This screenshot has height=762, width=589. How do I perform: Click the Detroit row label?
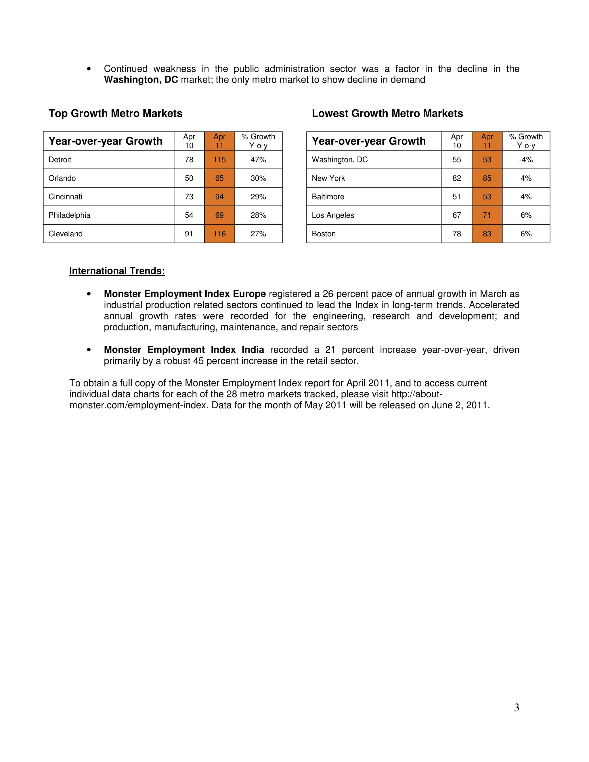coord(60,160)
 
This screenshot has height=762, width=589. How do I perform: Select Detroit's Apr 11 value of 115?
coord(219,160)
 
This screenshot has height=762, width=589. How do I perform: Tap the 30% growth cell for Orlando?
coord(258,178)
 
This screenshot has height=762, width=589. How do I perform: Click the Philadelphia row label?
coord(69,215)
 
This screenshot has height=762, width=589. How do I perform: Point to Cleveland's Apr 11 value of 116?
coord(219,234)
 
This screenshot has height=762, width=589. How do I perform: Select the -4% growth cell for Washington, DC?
coord(526,160)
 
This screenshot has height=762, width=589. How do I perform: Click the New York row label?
coord(328,178)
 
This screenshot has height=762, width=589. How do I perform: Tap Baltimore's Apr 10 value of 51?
coord(457,197)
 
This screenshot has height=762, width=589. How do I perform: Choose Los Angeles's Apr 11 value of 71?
coord(487,215)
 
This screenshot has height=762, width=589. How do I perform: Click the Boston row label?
coord(324,234)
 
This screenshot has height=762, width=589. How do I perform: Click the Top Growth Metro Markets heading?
coord(116,113)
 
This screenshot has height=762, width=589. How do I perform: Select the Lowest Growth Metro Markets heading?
coord(387,113)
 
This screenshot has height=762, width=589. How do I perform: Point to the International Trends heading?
coord(117,271)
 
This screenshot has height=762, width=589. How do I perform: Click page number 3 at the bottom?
coord(517,707)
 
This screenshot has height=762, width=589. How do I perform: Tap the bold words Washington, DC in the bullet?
coord(141,80)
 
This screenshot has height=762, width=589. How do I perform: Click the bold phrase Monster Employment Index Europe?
coord(185,294)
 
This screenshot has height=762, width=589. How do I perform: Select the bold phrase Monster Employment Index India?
coord(184,350)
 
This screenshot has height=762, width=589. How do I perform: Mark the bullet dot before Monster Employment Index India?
coord(89,350)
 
